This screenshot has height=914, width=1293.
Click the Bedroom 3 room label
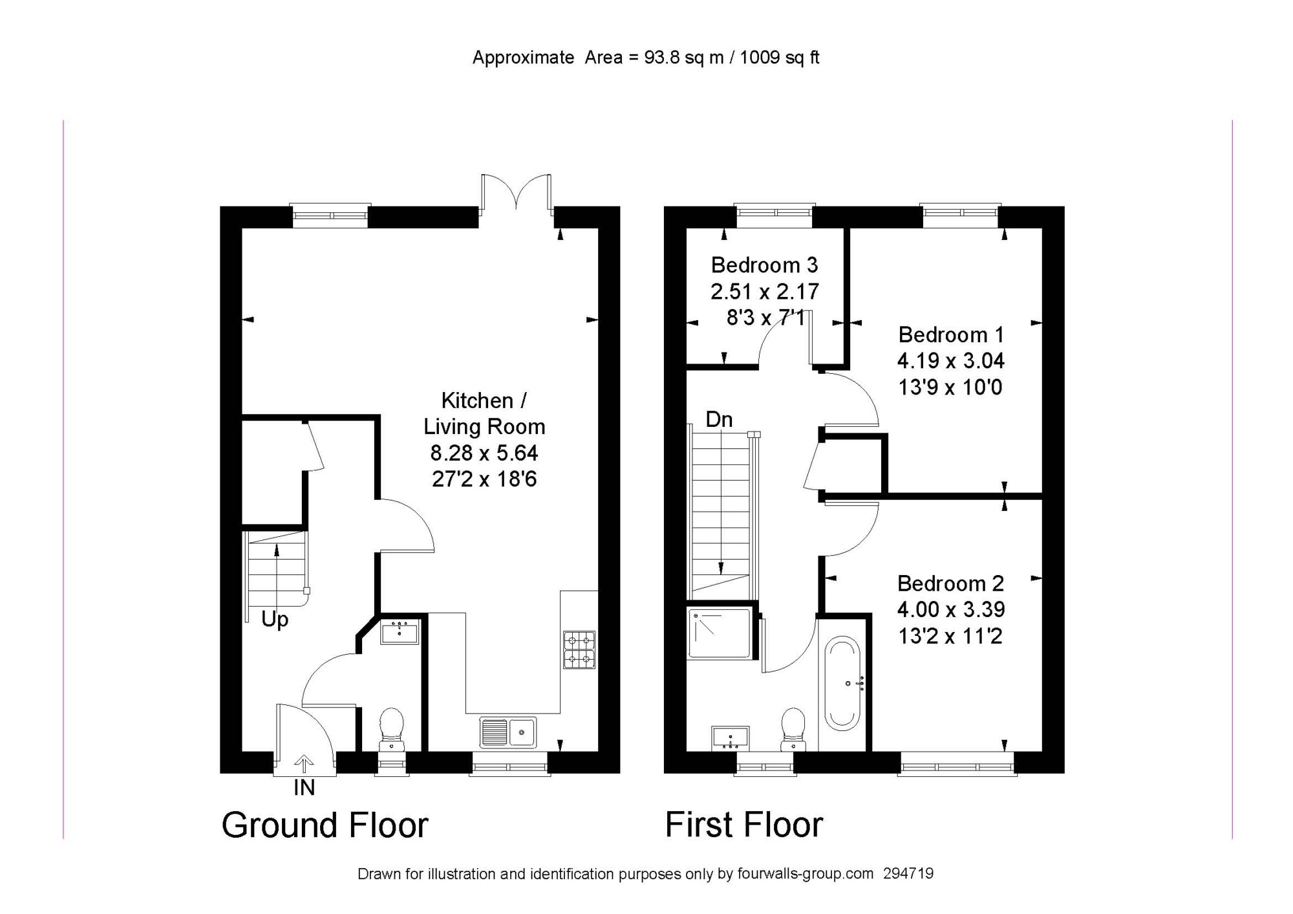[764, 265]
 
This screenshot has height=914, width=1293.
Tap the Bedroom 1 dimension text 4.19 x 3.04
[950, 361]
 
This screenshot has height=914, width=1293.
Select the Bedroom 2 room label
[950, 583]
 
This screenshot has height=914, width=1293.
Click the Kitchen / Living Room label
[484, 413]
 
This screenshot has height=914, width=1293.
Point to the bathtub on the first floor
[843, 683]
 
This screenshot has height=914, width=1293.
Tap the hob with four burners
[579, 649]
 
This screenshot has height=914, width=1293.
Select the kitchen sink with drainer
[508, 732]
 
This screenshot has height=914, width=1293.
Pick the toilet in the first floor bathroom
[793, 729]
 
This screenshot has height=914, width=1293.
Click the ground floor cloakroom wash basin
[400, 631]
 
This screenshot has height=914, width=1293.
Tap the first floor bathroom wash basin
[731, 737]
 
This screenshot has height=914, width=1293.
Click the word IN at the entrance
[304, 788]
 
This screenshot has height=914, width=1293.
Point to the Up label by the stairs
[275, 620]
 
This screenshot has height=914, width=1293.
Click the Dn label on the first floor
[719, 420]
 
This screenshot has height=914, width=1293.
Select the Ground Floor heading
[325, 825]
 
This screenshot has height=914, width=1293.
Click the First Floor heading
[744, 825]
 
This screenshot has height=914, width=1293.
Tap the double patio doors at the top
[517, 193]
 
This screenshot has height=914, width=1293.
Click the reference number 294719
[908, 874]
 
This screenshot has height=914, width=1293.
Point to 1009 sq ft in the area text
[780, 58]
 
